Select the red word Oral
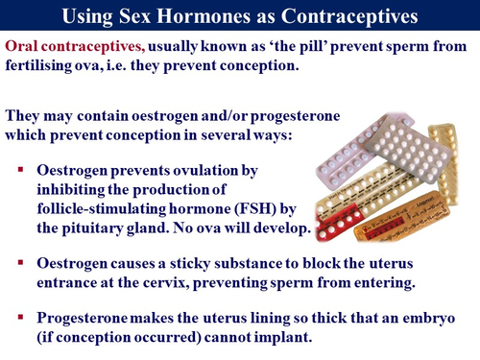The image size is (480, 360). (x=23, y=48)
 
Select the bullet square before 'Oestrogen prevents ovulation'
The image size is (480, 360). (x=18, y=169)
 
